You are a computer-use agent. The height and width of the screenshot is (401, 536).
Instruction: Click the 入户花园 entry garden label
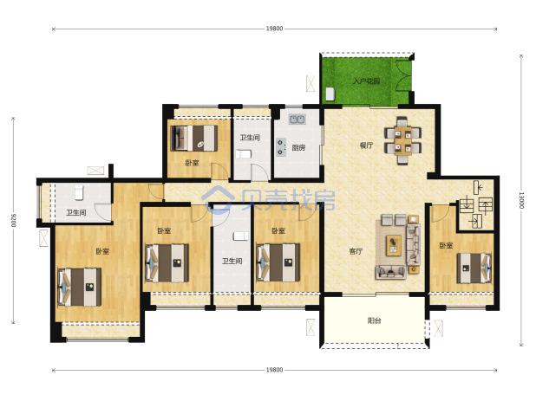click(367, 81)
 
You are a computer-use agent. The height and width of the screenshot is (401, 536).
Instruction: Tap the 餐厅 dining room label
click(366, 146)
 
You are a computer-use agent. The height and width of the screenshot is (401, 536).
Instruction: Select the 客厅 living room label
click(356, 251)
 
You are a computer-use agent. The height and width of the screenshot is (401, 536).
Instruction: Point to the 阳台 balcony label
click(375, 320)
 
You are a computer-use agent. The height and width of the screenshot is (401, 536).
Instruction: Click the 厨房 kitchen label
click(298, 148)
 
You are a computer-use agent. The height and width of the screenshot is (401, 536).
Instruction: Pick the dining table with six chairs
click(402, 140)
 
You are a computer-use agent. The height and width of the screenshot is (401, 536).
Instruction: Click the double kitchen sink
click(297, 120)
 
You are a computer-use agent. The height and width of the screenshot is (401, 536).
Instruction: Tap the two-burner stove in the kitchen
click(281, 147)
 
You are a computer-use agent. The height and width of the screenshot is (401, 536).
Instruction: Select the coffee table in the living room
click(394, 245)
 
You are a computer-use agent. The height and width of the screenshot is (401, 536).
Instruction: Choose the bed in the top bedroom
click(193, 139)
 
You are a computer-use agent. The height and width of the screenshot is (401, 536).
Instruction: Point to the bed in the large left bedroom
click(80, 287)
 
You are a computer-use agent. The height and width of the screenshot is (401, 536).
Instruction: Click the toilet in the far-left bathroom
click(79, 192)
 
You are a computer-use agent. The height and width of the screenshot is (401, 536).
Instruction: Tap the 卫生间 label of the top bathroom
click(250, 138)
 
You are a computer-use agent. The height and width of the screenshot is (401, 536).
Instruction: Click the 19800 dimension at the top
click(274, 29)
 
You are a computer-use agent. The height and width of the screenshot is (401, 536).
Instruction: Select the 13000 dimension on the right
click(521, 200)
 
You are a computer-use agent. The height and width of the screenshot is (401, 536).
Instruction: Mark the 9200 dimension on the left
click(13, 221)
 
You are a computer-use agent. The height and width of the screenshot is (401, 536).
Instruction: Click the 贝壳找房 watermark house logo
click(218, 199)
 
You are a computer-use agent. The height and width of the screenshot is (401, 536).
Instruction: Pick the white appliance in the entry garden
click(330, 94)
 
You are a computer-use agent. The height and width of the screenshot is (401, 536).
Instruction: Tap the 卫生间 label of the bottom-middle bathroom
click(232, 261)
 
